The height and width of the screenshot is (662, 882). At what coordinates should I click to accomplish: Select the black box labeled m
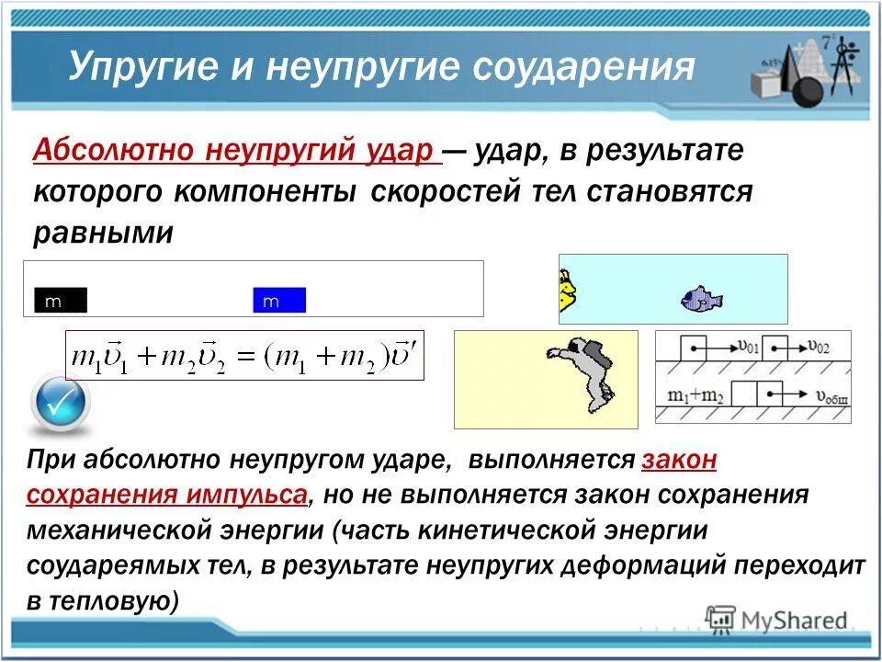tap(60, 301)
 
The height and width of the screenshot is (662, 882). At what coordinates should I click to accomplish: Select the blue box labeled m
tap(279, 301)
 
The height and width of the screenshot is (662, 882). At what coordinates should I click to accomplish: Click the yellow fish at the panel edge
tap(568, 290)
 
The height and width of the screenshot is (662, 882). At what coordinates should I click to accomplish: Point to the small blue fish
tap(701, 299)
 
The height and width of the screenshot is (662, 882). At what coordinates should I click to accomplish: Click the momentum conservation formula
tap(244, 357)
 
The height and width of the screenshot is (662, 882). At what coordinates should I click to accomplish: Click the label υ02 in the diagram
tap(821, 346)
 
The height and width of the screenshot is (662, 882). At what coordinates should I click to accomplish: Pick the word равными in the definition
tap(103, 232)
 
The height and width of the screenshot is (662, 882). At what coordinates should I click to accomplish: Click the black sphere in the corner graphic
tap(808, 92)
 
